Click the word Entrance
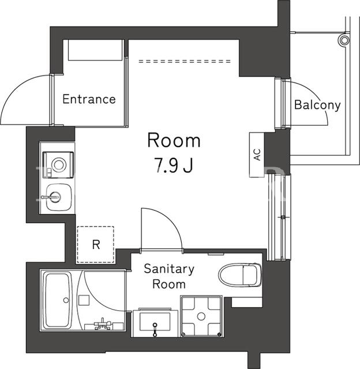coord(89,99)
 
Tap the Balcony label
coord(317,105)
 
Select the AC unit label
coord(257,155)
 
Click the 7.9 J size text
coord(174,165)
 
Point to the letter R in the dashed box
coord(96,244)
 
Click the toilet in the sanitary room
coord(240,274)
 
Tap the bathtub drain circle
coord(66,300)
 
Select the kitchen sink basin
coord(58,197)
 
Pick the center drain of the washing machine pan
coord(201,317)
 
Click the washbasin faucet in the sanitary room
coord(155,329)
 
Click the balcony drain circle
coord(344,40)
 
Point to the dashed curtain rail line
coord(185,62)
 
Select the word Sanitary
coord(169,269)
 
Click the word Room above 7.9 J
coord(174,141)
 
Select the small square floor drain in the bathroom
coord(84,300)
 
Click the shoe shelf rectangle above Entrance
coord(96,50)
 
